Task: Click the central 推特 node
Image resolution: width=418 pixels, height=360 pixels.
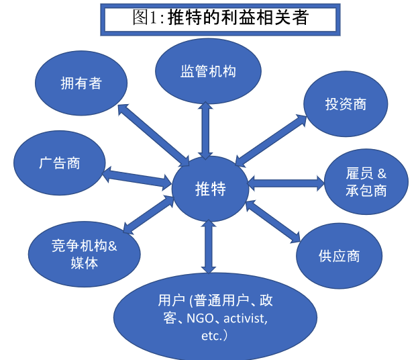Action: coord(210,189)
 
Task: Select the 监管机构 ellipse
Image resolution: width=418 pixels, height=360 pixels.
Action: coord(208,71)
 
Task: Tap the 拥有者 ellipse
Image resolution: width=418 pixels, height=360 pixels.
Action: coord(81,83)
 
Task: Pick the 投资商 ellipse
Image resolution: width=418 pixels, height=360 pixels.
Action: coord(346,104)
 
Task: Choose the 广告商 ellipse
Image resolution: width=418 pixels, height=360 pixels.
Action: coord(60,163)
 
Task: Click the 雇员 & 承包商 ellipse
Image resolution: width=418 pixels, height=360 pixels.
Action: coord(366,182)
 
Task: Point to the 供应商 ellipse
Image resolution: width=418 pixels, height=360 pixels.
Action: coord(339,256)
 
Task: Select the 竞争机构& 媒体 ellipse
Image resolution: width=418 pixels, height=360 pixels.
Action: coord(85,254)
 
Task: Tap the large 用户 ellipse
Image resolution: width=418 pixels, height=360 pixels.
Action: coord(215,317)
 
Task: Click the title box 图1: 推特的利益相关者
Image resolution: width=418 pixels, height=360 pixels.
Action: coord(220,19)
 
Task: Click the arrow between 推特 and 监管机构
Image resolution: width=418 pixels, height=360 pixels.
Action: coord(205,130)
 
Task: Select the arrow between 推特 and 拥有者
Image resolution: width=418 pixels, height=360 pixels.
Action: coord(154,135)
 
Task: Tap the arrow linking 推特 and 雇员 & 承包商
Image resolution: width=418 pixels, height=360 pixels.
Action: coord(286,183)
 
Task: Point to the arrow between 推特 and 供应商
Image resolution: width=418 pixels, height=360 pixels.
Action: coord(273,222)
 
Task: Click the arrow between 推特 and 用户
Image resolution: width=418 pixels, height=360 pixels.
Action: coord(209,246)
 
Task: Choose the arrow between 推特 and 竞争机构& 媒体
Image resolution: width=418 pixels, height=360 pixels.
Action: coord(148,215)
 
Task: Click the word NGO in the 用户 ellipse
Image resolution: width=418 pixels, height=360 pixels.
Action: coord(200,318)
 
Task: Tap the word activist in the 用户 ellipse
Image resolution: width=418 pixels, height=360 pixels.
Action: coord(244,318)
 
